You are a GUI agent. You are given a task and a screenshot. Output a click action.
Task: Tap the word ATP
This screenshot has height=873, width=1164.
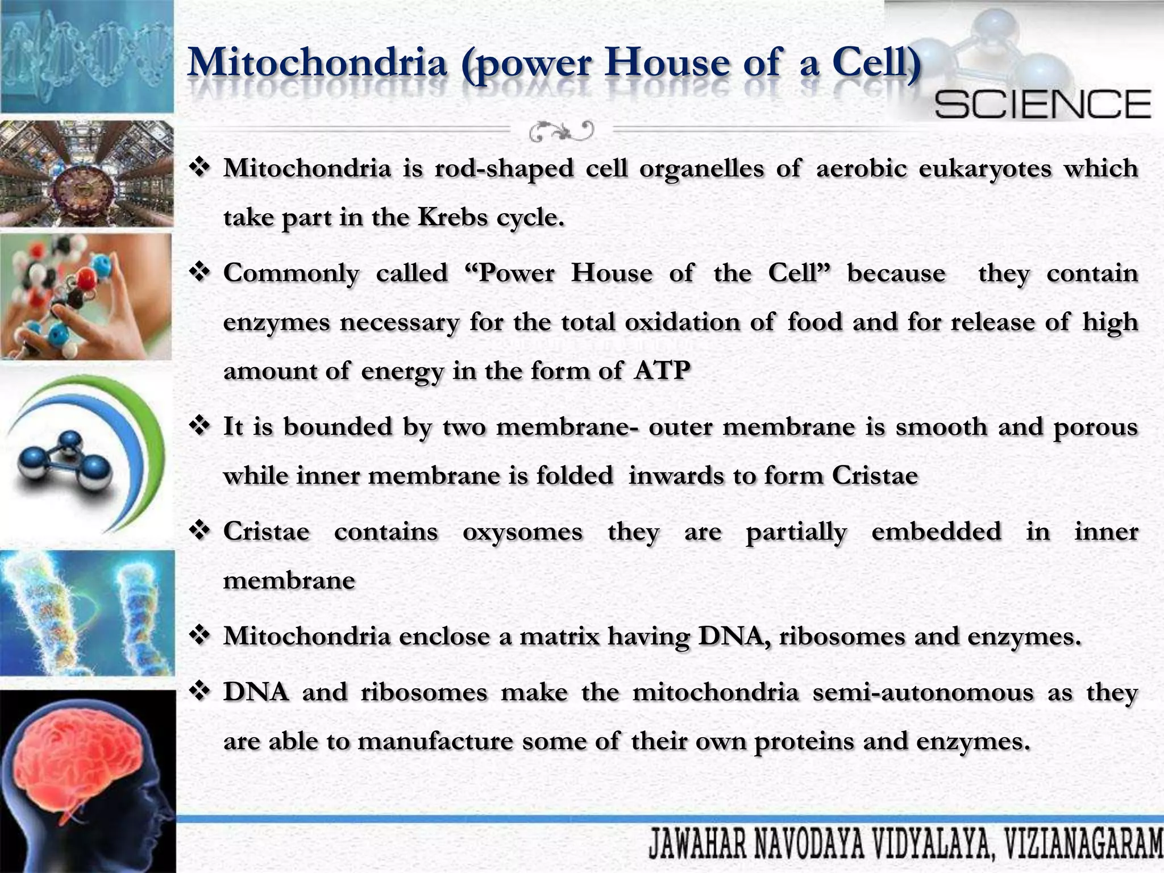[662, 371]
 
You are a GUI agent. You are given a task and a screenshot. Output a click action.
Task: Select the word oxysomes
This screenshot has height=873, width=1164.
[522, 533]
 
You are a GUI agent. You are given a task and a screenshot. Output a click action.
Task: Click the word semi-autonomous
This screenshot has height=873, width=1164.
[923, 693]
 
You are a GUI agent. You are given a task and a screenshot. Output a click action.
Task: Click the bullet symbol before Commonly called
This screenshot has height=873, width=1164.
[200, 272]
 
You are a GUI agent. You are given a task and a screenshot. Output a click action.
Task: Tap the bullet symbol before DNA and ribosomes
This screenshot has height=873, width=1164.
[200, 692]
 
